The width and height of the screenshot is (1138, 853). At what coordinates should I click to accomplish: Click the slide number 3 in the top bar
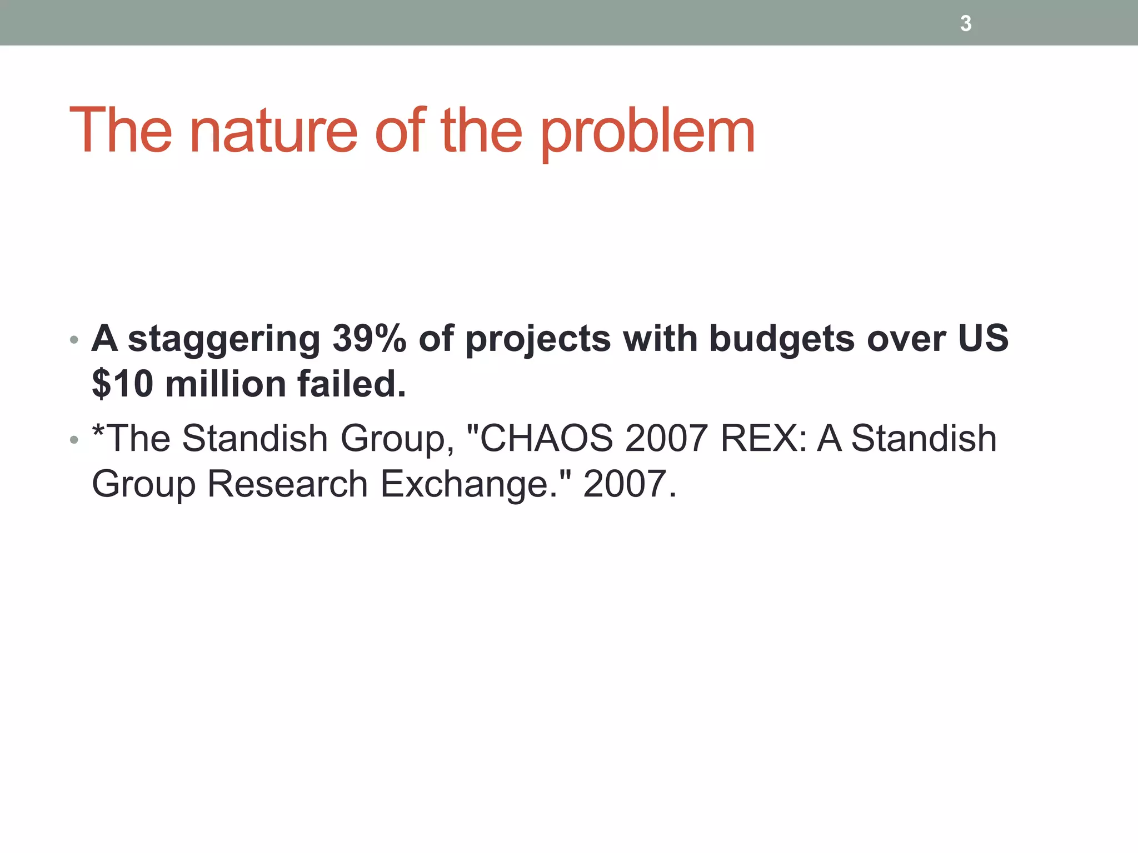click(966, 24)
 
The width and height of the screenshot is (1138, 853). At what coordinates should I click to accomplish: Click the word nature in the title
click(273, 131)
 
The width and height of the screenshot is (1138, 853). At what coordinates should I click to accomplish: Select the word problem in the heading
click(647, 132)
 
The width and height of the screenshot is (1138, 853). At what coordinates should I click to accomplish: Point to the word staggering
click(224, 339)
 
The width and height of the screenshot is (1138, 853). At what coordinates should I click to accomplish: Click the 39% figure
click(369, 338)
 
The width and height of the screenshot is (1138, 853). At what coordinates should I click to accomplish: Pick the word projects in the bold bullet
click(538, 339)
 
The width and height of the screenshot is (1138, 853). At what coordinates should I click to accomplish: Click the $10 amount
click(122, 384)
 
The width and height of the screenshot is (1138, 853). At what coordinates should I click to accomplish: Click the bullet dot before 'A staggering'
click(74, 339)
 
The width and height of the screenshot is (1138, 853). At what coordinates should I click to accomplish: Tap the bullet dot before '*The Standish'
click(74, 440)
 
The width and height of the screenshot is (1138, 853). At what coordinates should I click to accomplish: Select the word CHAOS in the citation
click(546, 438)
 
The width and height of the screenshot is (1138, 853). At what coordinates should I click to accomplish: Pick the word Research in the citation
click(287, 484)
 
